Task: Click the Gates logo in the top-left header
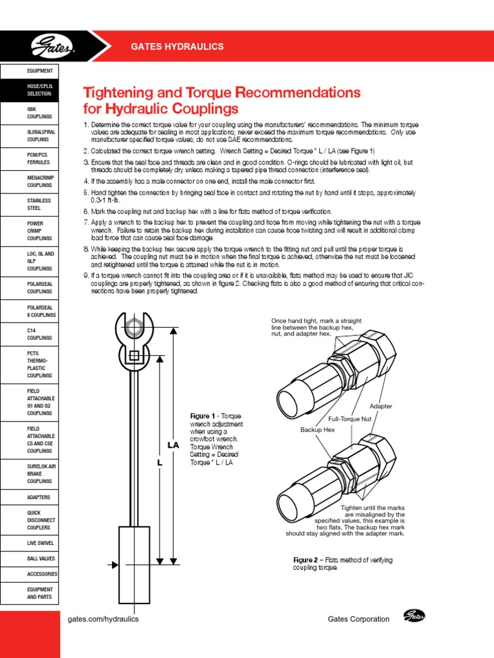53,47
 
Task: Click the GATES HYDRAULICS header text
177,47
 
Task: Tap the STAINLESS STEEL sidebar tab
30,204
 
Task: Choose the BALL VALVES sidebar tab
30,558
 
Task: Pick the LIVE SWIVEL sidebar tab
30,543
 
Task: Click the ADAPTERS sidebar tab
30,497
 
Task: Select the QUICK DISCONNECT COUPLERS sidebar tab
30,520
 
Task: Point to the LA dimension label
173,445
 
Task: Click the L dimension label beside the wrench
160,463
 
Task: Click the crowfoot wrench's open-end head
133,327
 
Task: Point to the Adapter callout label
381,407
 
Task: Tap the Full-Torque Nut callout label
351,418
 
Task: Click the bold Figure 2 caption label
306,560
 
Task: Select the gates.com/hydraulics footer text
103,619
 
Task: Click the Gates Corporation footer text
358,619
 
